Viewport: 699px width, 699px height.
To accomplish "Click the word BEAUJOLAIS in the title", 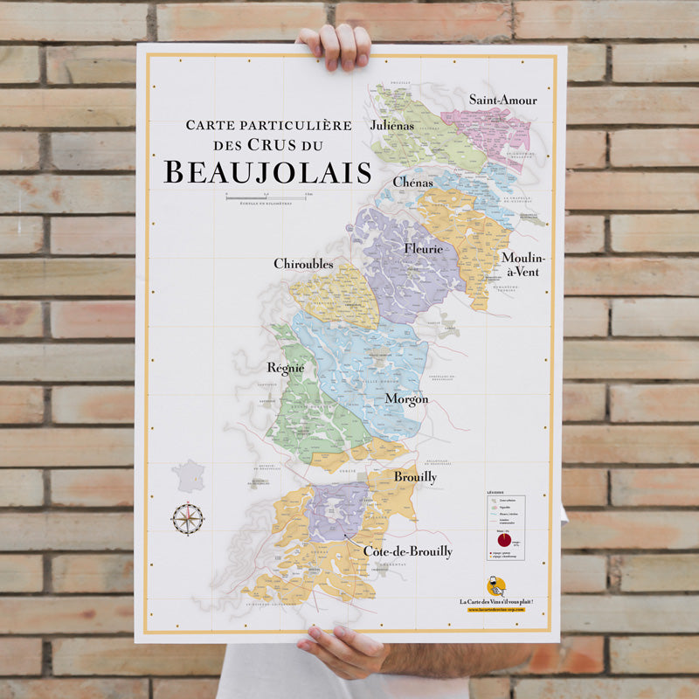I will [x=267, y=172].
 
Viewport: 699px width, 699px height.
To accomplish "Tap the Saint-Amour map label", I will [x=502, y=100].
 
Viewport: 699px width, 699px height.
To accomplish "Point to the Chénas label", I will [x=413, y=182].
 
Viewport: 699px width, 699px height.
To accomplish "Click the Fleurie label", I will [x=424, y=248].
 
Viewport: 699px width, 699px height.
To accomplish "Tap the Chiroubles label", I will [x=303, y=264].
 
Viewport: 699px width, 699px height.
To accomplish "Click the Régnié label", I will [x=286, y=368].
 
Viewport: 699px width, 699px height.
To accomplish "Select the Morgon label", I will [x=406, y=398].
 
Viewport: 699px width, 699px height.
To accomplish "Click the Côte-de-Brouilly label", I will [x=408, y=551].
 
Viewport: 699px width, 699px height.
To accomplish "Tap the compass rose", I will [x=187, y=519].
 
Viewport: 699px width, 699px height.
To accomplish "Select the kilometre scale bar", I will [x=266, y=197].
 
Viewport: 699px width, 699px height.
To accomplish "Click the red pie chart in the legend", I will [x=505, y=540].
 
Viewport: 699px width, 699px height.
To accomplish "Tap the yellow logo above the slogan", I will [x=495, y=586].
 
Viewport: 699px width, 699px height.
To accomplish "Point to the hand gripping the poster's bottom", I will [x=341, y=650].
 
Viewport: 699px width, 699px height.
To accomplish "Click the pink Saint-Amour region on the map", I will [x=494, y=131].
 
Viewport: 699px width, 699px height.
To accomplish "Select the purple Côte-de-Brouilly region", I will [x=337, y=511].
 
